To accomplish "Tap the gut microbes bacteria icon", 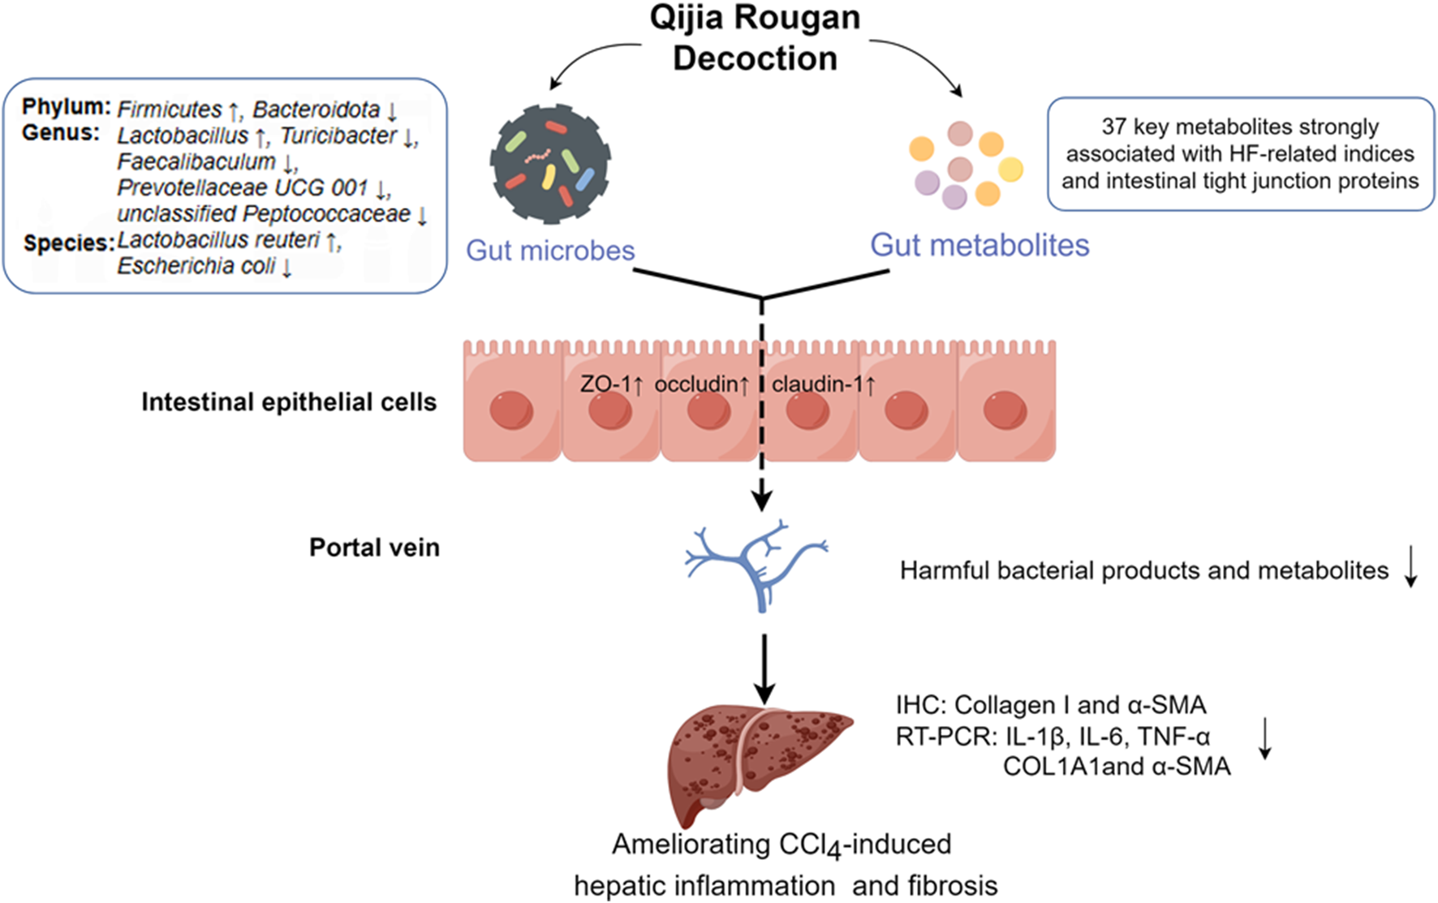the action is (x=550, y=165).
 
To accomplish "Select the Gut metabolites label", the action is (x=979, y=245).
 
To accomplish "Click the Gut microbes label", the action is (x=550, y=250).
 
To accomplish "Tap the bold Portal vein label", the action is (x=374, y=548).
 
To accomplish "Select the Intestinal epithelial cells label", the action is (x=289, y=402).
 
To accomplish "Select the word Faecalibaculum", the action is (x=196, y=162).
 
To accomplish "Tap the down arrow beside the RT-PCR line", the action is (x=1264, y=739).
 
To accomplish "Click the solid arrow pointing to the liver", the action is (x=764, y=670).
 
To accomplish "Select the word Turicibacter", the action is (x=338, y=135).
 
